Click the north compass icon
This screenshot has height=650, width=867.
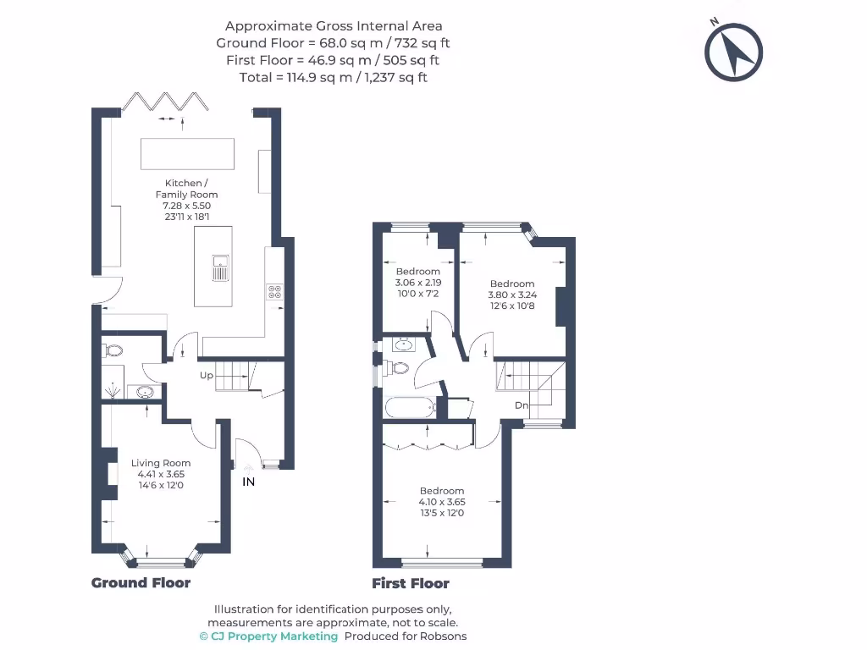[733, 52]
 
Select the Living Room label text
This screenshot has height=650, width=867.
[161, 463]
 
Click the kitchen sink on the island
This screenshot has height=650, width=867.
[219, 268]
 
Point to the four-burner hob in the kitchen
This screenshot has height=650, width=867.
[275, 291]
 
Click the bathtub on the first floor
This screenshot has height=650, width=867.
[410, 408]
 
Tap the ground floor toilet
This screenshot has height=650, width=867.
[113, 350]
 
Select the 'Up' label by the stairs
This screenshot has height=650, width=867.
[206, 375]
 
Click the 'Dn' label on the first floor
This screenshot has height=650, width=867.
[522, 405]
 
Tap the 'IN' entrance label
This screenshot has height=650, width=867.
[249, 482]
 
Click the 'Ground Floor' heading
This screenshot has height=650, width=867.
[141, 583]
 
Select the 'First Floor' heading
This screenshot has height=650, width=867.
[411, 583]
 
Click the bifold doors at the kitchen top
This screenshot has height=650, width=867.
[166, 102]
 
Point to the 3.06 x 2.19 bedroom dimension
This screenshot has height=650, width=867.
[418, 283]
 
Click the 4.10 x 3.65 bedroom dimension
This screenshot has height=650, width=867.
[442, 502]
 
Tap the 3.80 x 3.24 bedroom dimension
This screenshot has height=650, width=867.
[511, 295]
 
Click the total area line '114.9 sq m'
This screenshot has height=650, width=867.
[334, 77]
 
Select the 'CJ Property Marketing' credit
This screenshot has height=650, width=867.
[268, 636]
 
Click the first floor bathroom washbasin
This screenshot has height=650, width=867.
[403, 344]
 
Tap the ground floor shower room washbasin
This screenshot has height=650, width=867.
[145, 392]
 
